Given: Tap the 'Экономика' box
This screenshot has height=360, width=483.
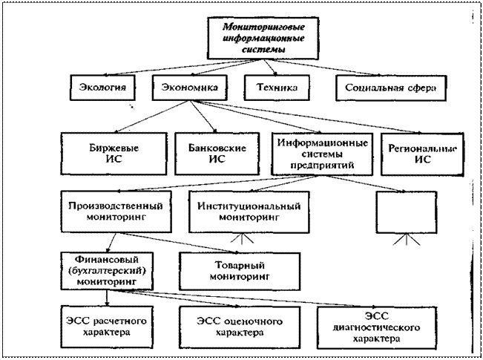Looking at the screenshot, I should click(x=189, y=88).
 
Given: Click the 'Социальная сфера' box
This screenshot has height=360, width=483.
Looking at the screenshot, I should click(x=390, y=88).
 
